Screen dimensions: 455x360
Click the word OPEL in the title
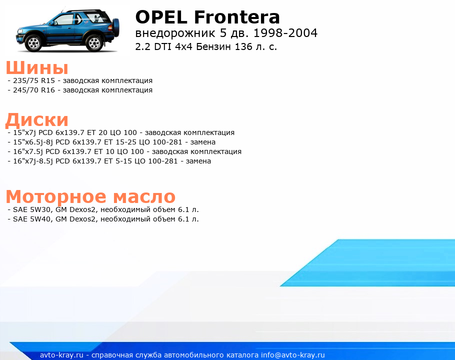[x=161, y=17]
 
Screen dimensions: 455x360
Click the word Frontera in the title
[x=237, y=17]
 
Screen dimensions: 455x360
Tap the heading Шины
[x=37, y=68]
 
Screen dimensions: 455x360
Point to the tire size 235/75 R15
[x=34, y=80]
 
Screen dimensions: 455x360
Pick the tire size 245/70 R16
[x=34, y=90]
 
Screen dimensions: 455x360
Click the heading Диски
[x=37, y=120]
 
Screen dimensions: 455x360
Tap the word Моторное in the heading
[x=56, y=197]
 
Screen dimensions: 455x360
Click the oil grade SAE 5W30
[x=31, y=209]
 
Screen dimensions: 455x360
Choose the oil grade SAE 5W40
[x=31, y=219]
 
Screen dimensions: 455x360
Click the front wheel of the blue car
[x=33, y=43]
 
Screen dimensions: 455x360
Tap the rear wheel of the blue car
[x=94, y=43]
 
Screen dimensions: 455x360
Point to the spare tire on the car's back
[x=116, y=27]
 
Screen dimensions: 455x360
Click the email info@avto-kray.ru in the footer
[x=293, y=355]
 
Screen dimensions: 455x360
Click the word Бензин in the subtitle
[x=214, y=46]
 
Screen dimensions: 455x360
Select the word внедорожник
[x=175, y=33]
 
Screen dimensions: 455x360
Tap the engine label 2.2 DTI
[x=154, y=46]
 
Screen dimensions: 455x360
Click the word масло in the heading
[x=144, y=197]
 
